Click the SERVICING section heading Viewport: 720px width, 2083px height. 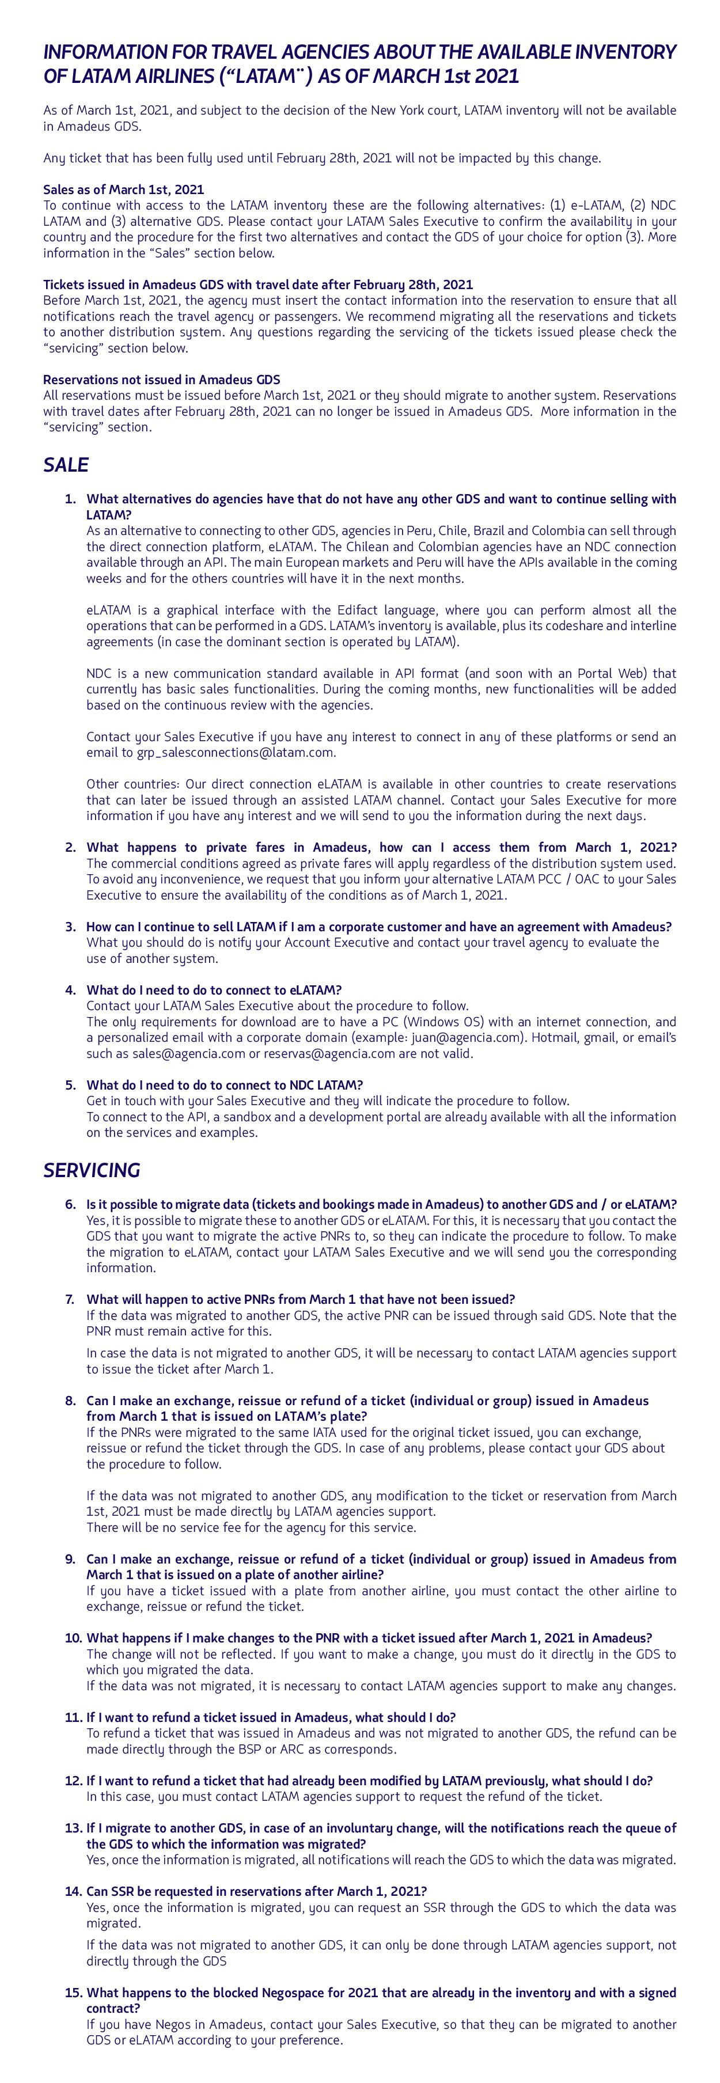[92, 1170]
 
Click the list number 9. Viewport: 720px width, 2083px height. [70, 1559]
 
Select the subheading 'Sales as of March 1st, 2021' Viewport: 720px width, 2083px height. [123, 189]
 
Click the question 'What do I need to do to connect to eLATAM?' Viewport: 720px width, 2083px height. [214, 990]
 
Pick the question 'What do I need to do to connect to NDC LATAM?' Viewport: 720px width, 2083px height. [224, 1085]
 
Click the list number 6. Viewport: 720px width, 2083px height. [70, 1204]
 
